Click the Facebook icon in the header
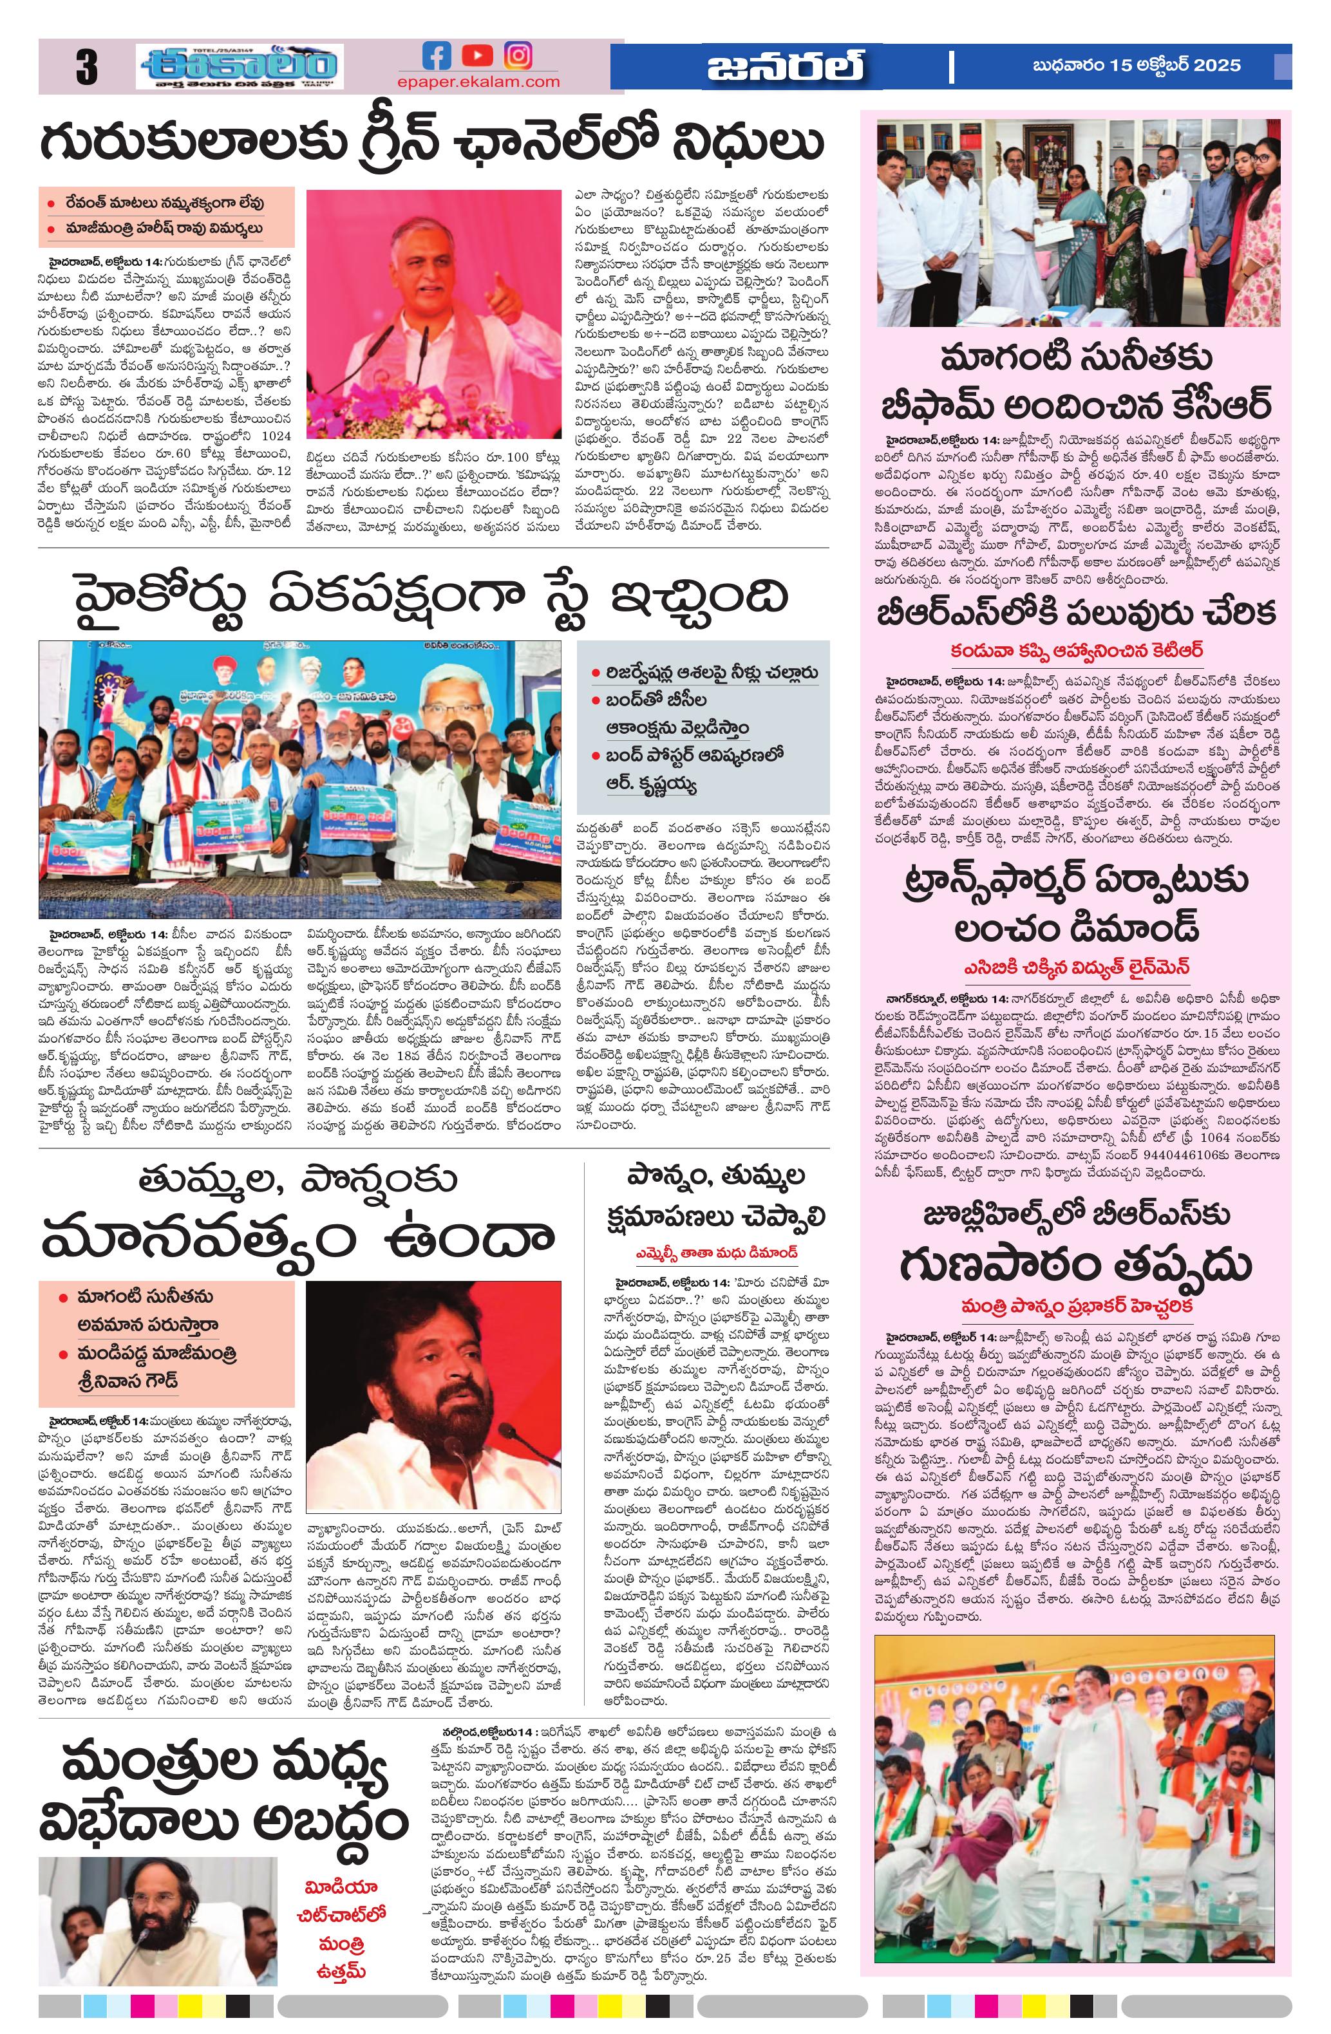click(437, 57)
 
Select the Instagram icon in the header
click(517, 57)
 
